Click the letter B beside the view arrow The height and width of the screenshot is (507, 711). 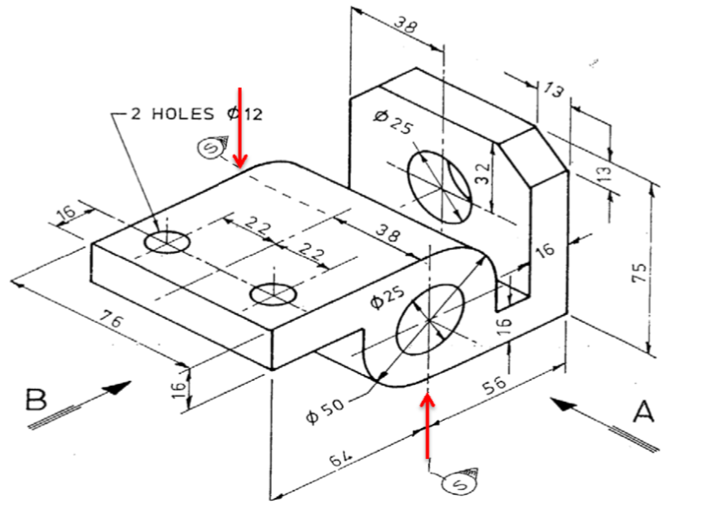[37, 400]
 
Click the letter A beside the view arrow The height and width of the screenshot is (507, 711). [643, 413]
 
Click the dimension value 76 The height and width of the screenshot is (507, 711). [113, 321]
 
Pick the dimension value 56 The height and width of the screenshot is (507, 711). [494, 383]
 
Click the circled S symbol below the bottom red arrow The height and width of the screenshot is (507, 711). [453, 484]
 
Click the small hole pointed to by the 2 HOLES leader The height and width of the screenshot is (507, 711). [167, 241]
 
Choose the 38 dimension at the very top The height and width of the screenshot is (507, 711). [403, 24]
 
